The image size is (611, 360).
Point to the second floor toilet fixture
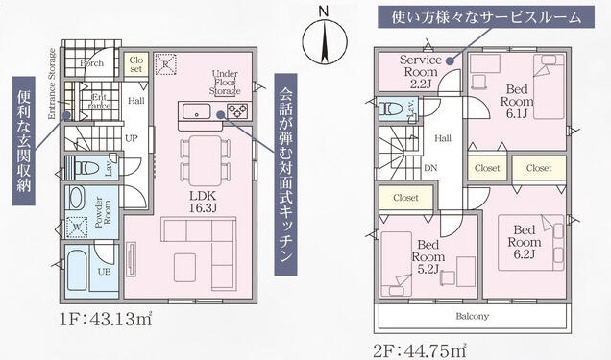tap(388, 108)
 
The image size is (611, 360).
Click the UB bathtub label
tap(104, 271)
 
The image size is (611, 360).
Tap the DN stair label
tap(429, 166)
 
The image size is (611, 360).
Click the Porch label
tap(93, 64)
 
